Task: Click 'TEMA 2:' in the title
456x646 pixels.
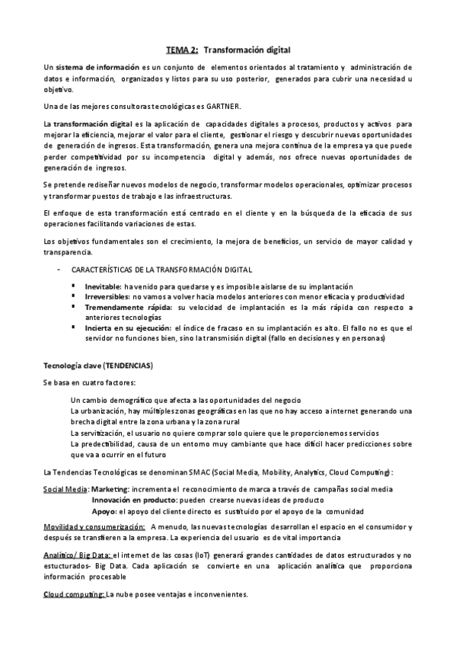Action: click(x=183, y=48)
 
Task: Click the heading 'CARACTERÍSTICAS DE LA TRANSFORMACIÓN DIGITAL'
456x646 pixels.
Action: click(x=161, y=270)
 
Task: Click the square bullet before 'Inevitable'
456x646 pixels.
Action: click(x=75, y=285)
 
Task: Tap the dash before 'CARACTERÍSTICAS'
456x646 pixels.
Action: click(x=59, y=270)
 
